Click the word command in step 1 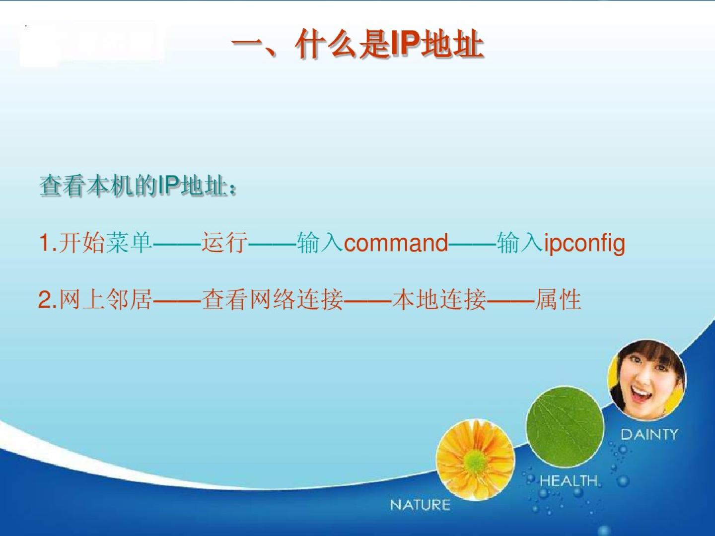396,243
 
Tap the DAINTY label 649,435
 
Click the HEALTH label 569,481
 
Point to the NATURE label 420,505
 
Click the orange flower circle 476,460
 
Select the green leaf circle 565,426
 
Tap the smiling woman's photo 647,380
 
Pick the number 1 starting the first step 44,243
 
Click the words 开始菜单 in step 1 106,243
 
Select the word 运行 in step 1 224,243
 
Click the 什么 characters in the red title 326,45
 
